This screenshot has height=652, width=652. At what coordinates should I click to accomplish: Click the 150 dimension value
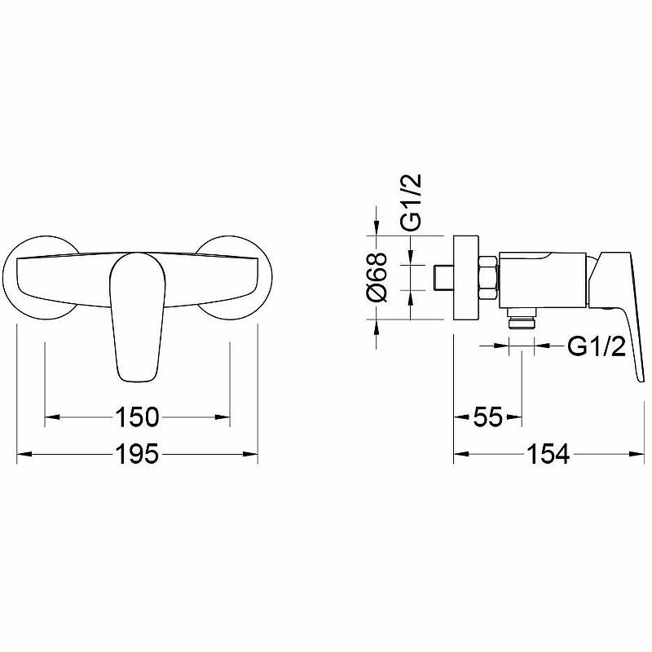click(x=137, y=417)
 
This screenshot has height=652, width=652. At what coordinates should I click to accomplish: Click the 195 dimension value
click(x=137, y=454)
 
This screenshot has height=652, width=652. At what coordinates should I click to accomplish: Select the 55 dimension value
click(x=487, y=416)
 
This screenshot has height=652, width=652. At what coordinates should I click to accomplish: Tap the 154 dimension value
click(x=548, y=454)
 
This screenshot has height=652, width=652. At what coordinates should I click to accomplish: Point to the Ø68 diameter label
click(x=377, y=276)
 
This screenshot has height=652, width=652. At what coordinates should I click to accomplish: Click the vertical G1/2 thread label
click(x=411, y=202)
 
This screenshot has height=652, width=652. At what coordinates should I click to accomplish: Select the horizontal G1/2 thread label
click(x=597, y=346)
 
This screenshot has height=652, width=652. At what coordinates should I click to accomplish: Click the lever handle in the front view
click(x=137, y=316)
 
